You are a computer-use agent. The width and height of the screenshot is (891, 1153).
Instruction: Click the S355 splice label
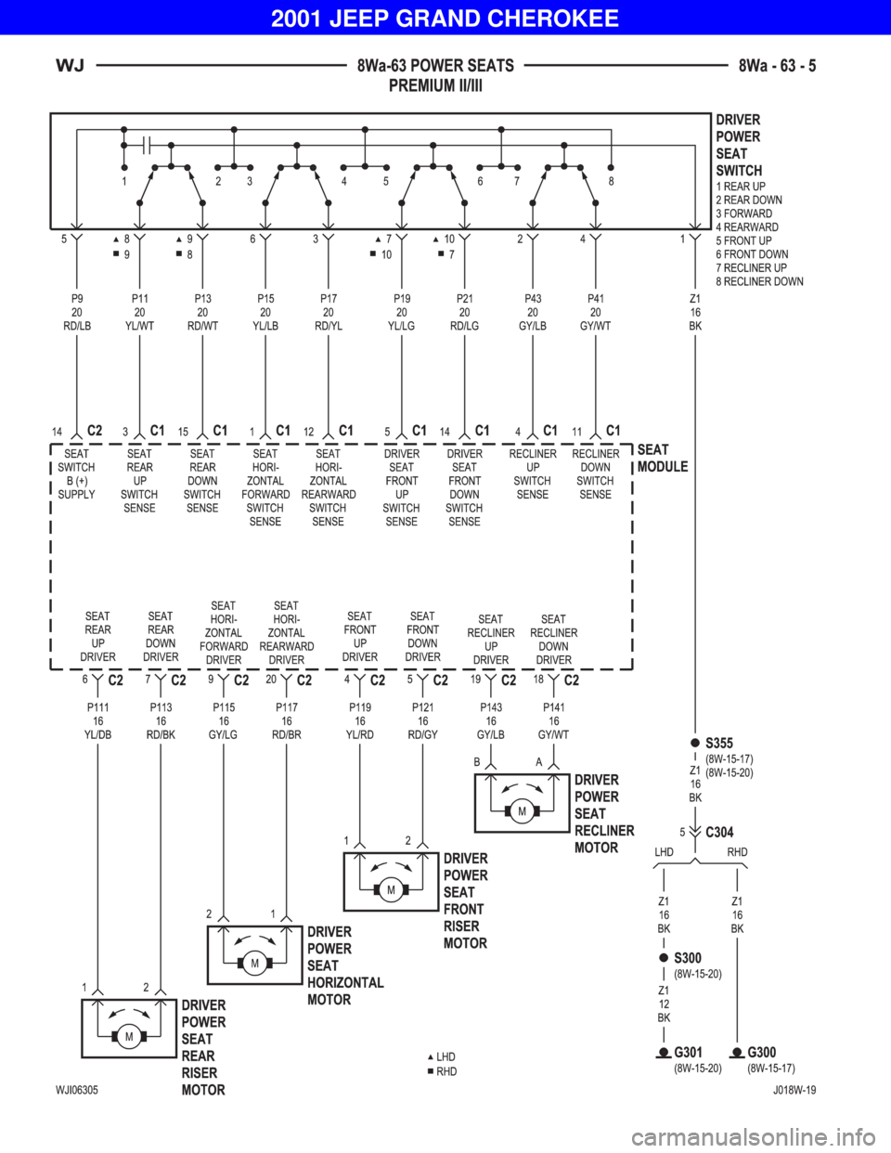point(718,743)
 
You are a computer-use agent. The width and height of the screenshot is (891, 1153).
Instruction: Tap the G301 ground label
point(688,1052)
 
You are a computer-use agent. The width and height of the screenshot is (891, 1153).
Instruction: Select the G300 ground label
point(762,1052)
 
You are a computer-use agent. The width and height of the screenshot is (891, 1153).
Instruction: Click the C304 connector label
point(719,832)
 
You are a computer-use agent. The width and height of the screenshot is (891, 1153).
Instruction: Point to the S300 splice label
point(688,958)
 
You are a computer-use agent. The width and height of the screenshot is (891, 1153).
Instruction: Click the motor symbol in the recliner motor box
point(522,811)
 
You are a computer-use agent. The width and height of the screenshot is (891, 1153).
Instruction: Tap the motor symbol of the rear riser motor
point(129,1037)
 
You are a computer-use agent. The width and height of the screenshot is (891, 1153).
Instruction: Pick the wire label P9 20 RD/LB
point(77,313)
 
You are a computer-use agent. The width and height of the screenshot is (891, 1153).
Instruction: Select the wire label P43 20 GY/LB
point(533,313)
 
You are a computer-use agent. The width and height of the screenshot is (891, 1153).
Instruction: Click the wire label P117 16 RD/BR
point(287,721)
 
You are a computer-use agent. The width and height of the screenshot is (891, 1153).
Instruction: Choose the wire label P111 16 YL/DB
point(97,721)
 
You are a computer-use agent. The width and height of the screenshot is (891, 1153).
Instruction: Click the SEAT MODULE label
point(663,458)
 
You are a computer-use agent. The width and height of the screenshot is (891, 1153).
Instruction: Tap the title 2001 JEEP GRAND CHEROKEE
point(445,19)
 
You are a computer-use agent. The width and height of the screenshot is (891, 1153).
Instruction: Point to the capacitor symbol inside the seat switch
point(147,145)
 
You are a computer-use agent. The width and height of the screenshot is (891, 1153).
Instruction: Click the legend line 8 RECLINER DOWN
point(759,281)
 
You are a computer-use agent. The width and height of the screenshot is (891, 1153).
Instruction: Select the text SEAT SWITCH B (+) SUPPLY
point(76,473)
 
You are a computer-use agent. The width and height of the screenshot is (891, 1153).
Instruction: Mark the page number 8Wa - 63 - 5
point(778,66)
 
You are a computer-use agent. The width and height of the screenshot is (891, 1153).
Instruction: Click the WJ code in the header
point(70,66)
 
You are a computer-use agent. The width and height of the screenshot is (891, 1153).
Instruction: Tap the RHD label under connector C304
point(737,852)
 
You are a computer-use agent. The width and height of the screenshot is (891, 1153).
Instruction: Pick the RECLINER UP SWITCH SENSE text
point(533,473)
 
